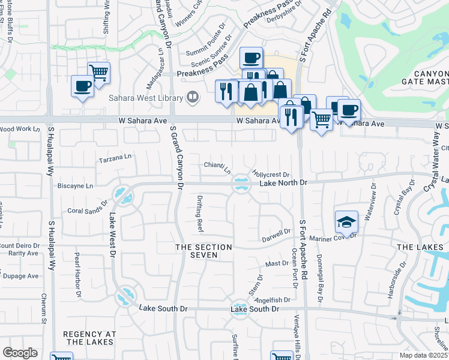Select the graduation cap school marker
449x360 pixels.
pos(346,223)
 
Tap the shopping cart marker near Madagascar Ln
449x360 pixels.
pos(98,73)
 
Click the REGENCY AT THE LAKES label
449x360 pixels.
pos(89,337)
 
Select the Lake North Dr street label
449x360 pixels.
pos(283,182)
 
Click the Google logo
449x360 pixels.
pos(20,352)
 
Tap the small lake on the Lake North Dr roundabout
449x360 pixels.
pos(241,184)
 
